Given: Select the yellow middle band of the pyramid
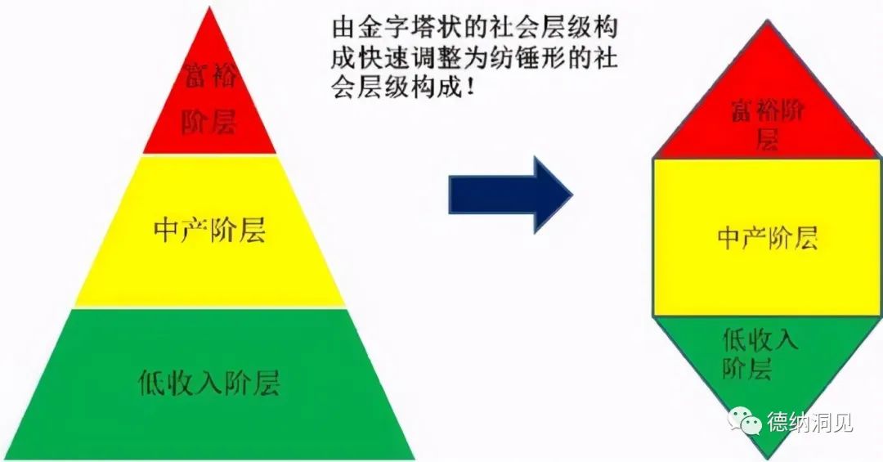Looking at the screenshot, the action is [x=209, y=231].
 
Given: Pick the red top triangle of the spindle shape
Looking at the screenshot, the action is [x=768, y=107].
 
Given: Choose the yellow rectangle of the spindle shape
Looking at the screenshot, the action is [x=767, y=237].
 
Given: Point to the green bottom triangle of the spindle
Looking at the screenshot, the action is [x=767, y=372].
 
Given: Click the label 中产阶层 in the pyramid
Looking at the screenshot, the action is [x=209, y=231].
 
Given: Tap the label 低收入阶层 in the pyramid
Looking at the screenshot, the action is [x=209, y=382].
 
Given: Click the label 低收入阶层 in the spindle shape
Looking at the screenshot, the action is [x=760, y=354].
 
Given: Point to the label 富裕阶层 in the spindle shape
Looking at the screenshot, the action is [x=768, y=123].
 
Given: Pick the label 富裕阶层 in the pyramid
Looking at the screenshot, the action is [x=209, y=97].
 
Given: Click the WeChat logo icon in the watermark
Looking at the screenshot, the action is [x=744, y=420].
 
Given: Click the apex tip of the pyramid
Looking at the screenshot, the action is [x=209, y=7].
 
